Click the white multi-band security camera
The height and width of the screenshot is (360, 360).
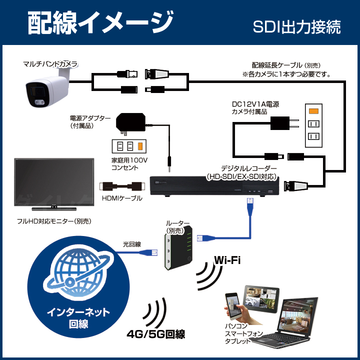point(47,88)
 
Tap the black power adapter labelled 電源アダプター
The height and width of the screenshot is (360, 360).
point(130,122)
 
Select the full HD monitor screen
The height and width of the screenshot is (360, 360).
point(54,182)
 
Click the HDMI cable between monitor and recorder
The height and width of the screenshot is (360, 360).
point(122,186)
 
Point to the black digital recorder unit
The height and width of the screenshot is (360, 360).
point(214,186)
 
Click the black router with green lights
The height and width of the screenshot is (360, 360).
point(178,248)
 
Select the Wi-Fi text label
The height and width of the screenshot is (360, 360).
point(227,260)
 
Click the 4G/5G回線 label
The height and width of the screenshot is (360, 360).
point(156,334)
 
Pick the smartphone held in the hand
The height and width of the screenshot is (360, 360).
point(232,306)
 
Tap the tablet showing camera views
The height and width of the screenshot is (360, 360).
point(261,299)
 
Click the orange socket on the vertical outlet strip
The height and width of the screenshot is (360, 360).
point(313,111)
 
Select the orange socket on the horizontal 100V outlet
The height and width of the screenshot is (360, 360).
point(140,146)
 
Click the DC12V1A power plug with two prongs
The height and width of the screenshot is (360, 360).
point(284,123)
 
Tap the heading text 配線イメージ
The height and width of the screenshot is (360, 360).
point(100,23)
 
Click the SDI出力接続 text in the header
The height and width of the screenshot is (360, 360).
point(296,27)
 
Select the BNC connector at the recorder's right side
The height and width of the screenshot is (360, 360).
point(295,185)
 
